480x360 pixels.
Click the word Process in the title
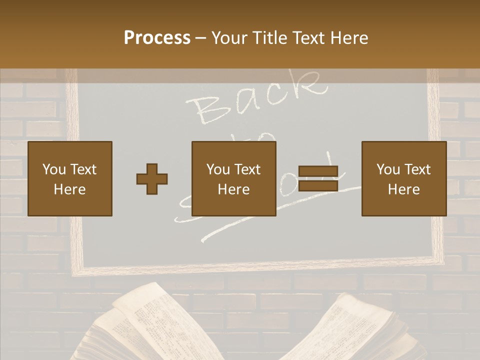(x=157, y=38)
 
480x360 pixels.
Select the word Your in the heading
(x=229, y=38)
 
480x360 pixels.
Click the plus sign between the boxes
(x=152, y=179)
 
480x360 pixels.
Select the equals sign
(x=318, y=178)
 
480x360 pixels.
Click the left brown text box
(x=70, y=178)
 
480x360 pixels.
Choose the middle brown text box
(x=234, y=178)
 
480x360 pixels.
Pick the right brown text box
(x=403, y=178)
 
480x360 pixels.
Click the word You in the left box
(x=53, y=169)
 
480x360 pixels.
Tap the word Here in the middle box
(x=234, y=189)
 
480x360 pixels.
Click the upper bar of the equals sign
(x=318, y=171)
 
